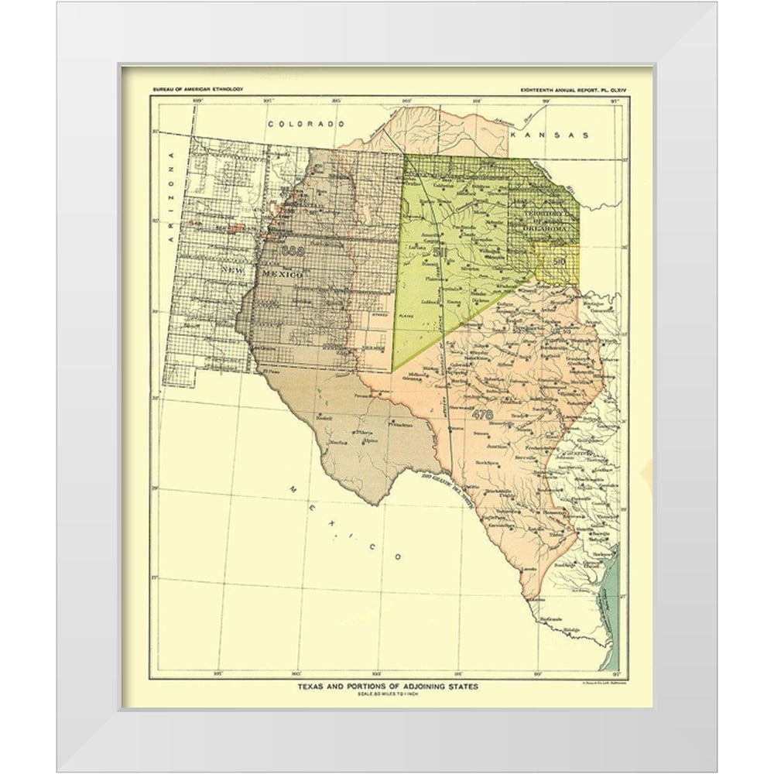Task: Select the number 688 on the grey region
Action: (294, 251)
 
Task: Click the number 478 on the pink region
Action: (481, 414)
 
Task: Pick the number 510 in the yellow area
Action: (560, 262)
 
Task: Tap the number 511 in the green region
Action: (441, 252)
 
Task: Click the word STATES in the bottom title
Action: (461, 687)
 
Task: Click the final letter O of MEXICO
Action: (396, 556)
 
